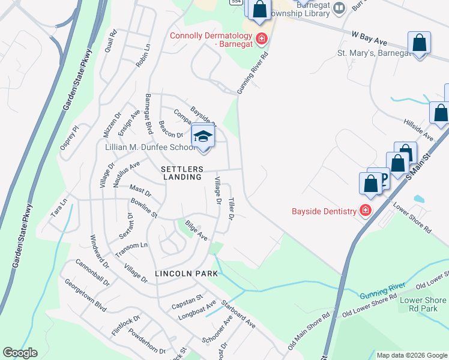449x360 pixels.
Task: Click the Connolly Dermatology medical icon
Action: click(x=261, y=40)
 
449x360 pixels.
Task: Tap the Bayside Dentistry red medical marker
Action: click(x=365, y=211)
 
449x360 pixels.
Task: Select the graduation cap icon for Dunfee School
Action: click(x=203, y=136)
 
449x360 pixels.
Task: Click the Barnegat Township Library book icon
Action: click(x=339, y=8)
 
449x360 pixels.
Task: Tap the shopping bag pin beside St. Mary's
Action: click(x=419, y=44)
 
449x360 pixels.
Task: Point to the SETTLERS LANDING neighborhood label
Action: click(x=181, y=173)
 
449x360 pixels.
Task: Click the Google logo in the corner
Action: click(x=20, y=353)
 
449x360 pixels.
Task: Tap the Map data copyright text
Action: click(x=412, y=355)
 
